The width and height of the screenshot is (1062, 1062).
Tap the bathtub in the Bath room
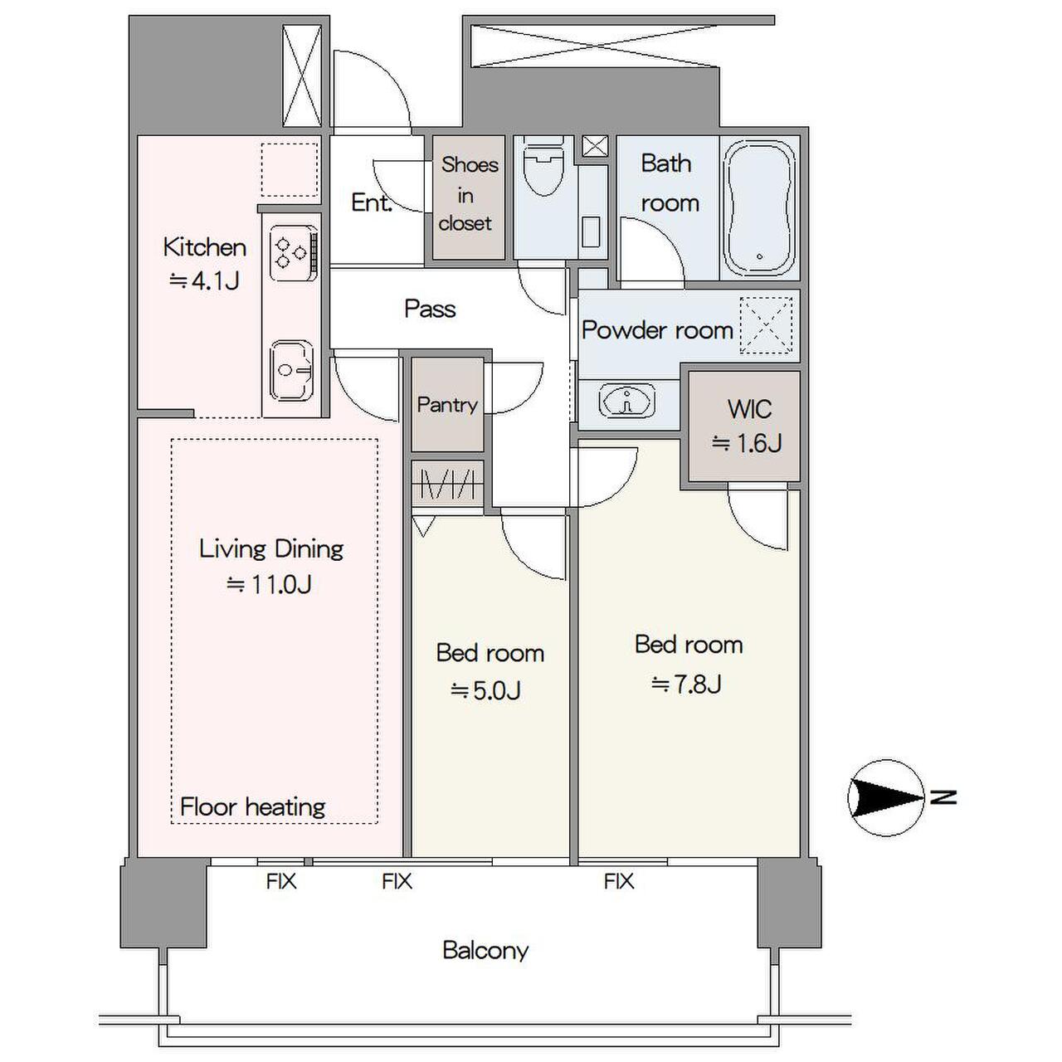(759, 207)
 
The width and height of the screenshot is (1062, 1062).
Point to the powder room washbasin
(626, 401)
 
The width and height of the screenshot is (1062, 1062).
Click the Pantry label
(447, 405)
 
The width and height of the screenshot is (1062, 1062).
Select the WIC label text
(749, 409)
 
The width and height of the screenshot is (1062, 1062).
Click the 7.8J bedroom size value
(687, 684)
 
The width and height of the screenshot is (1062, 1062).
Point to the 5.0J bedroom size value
(486, 690)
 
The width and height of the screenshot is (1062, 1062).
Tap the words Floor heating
(252, 807)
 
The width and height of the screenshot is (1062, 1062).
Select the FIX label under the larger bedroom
(619, 882)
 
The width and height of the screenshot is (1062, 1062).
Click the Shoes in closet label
(469, 194)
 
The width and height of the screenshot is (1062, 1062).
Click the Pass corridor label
(430, 309)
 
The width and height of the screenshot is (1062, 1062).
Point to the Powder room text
(657, 330)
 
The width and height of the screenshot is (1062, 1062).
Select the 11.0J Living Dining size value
(269, 584)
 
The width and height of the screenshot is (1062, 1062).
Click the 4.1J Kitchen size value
(204, 281)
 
